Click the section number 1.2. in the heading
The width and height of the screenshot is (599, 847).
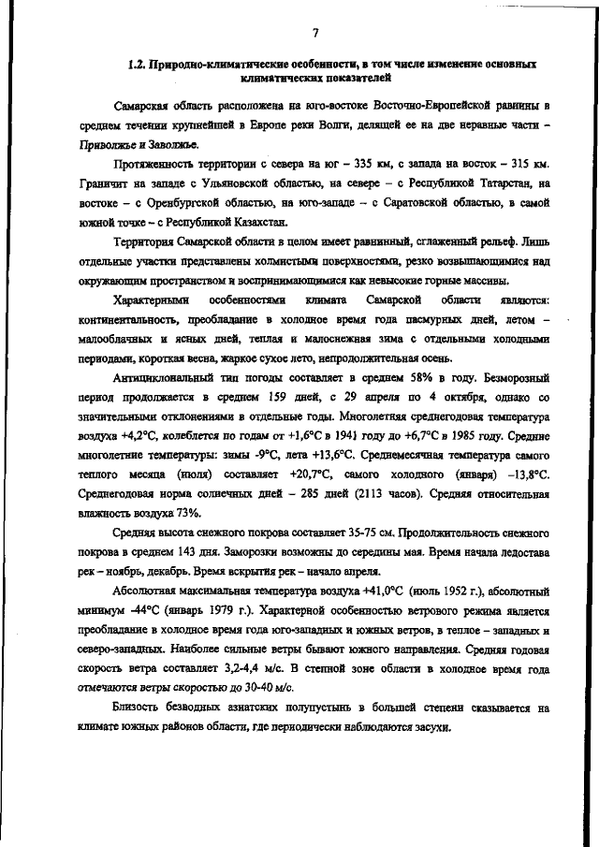[136, 66]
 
